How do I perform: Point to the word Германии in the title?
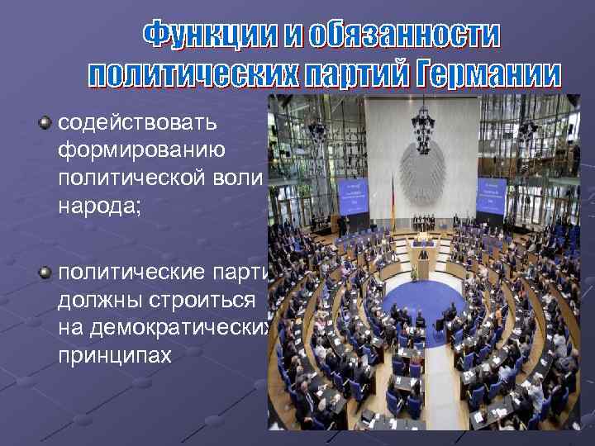click(x=490, y=75)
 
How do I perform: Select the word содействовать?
click(x=138, y=124)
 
